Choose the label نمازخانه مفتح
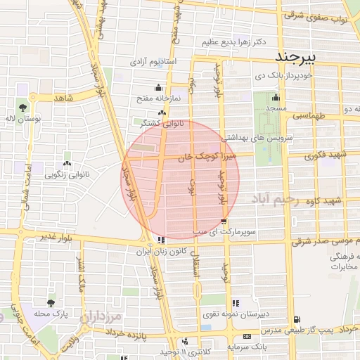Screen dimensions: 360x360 (158, 98)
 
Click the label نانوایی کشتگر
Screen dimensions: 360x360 (162, 123)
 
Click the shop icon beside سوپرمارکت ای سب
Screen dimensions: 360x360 (224, 219)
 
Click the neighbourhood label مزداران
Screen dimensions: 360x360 (104, 317)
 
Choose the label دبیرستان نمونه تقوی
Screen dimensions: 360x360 (231, 318)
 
